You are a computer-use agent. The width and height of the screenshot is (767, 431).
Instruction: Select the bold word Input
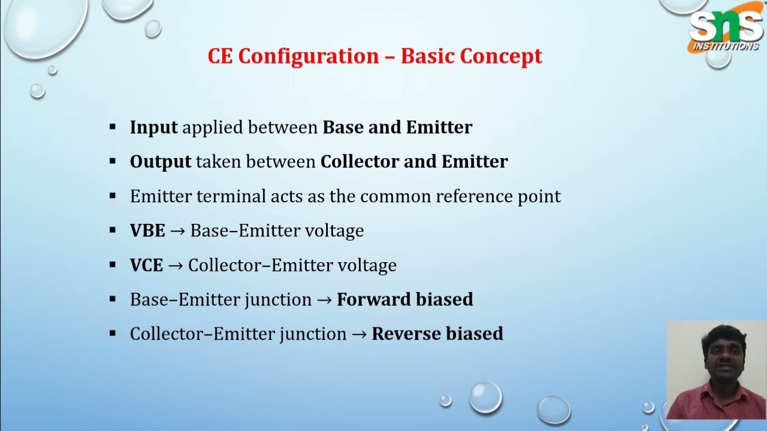tap(153, 128)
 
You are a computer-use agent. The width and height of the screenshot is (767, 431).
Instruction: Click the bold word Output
tap(160, 162)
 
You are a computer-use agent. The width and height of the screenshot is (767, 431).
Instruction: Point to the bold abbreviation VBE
tap(147, 231)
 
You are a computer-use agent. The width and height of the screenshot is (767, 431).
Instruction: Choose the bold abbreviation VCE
tap(146, 265)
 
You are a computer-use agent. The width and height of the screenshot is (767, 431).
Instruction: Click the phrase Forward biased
tap(404, 299)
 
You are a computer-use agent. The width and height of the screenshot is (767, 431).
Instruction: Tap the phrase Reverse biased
tap(437, 334)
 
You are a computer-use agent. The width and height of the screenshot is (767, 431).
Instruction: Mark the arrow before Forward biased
tap(324, 300)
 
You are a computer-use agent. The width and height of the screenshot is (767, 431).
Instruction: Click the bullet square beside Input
tap(113, 127)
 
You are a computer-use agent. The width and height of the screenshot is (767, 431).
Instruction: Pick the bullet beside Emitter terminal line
tap(113, 196)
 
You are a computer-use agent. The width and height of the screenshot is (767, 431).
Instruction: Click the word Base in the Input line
tap(343, 128)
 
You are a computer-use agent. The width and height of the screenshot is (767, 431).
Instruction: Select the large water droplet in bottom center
tap(485, 397)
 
